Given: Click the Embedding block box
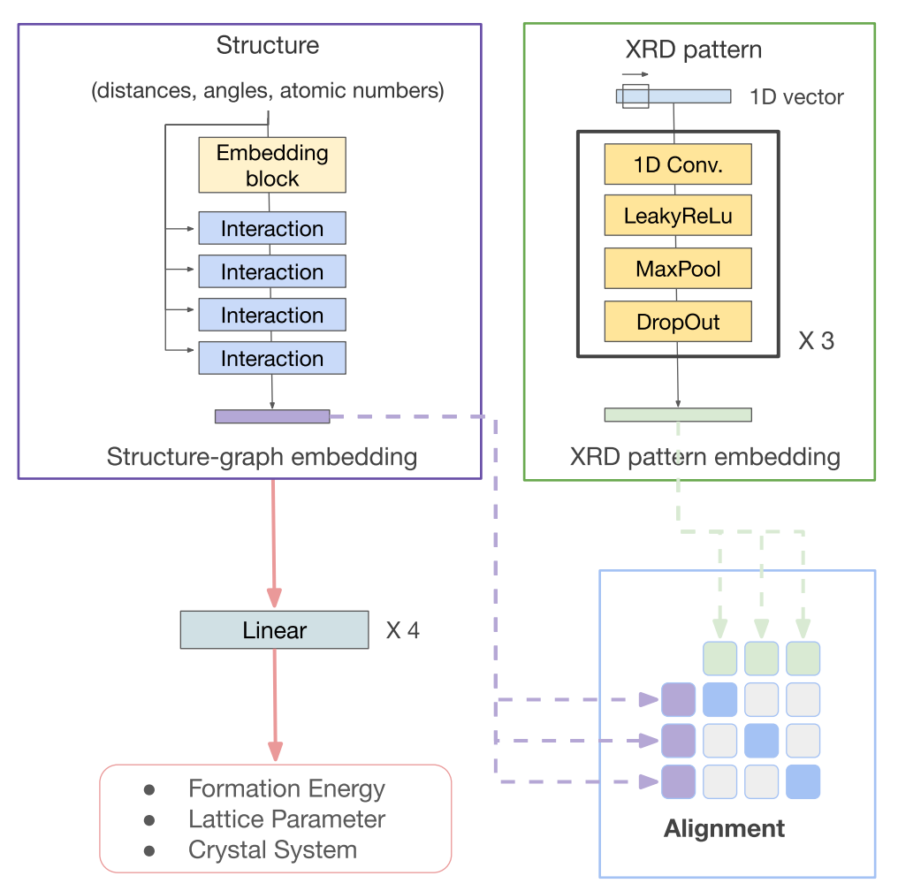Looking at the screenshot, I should click(x=271, y=165).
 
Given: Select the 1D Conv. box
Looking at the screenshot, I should click(x=678, y=164).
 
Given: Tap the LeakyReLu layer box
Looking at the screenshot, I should click(x=678, y=216).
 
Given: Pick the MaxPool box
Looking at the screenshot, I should click(x=678, y=269).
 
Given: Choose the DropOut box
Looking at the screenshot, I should click(x=678, y=322).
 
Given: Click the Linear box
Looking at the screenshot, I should click(x=274, y=630).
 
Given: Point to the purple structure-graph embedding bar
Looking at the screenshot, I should click(x=272, y=416).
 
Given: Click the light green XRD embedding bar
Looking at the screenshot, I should click(x=678, y=415).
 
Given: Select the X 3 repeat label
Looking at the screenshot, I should click(x=816, y=341).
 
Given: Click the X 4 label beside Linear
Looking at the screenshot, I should click(x=403, y=631).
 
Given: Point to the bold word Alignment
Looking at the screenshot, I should click(x=724, y=828).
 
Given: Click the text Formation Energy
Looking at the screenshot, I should click(x=286, y=788).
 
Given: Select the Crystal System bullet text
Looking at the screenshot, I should click(x=272, y=850).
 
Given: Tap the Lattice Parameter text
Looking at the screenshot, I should click(x=286, y=819).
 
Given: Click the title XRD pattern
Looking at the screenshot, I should click(x=693, y=49).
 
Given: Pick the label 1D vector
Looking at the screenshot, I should click(x=796, y=97).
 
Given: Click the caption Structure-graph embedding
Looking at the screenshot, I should click(x=262, y=457).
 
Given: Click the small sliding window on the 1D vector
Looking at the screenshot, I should click(x=635, y=95).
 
